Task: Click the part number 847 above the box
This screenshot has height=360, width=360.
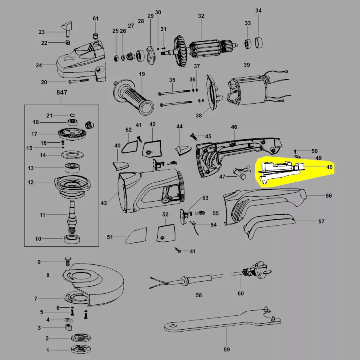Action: [62, 92]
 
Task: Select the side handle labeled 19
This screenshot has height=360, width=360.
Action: [133, 97]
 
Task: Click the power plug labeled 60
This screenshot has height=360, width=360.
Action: [256, 271]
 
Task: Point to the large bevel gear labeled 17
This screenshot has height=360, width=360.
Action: [72, 134]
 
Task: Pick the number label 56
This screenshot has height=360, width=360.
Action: [329, 196]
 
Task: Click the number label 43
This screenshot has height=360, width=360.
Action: [104, 203]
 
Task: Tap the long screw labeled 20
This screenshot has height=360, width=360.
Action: [79, 81]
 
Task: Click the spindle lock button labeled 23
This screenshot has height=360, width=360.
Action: [67, 29]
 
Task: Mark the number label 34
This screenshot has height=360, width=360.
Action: [258, 10]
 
